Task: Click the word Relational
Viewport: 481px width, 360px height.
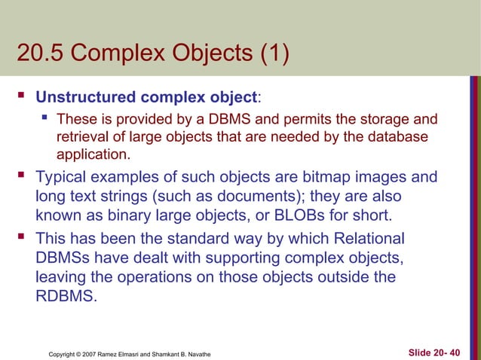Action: click(x=368, y=239)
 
